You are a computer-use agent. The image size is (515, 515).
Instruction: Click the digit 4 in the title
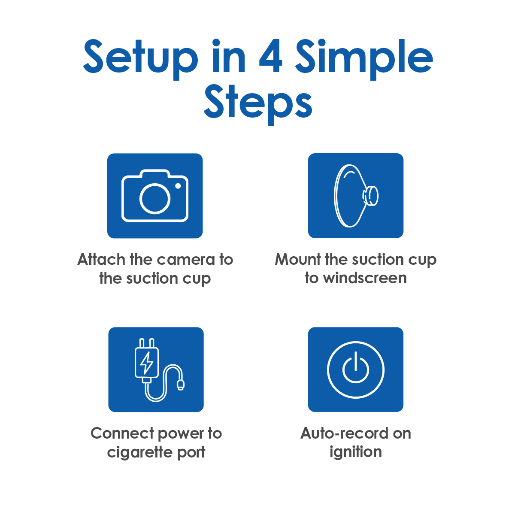tap(271, 56)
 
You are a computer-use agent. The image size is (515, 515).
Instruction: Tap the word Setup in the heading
tap(140, 59)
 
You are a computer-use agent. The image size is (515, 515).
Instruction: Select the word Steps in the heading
tap(258, 104)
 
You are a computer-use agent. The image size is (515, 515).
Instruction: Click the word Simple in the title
tap(364, 59)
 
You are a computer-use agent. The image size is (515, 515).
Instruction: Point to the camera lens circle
tap(155, 199)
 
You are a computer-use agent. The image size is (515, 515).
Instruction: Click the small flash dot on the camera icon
tap(178, 186)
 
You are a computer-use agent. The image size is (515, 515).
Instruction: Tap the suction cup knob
tap(371, 196)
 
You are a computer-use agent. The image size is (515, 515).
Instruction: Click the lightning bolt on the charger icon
tap(146, 363)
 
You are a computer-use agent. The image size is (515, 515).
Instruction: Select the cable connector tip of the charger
tap(181, 385)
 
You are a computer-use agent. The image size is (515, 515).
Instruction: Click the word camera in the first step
tap(186, 260)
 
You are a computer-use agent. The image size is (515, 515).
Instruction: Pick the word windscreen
tap(365, 278)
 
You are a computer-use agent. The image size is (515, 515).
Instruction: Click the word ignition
tap(355, 452)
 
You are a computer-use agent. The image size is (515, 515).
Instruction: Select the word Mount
tap(298, 259)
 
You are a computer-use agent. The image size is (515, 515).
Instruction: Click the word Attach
tap(101, 260)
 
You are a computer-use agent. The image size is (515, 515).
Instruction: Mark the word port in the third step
tap(191, 453)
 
